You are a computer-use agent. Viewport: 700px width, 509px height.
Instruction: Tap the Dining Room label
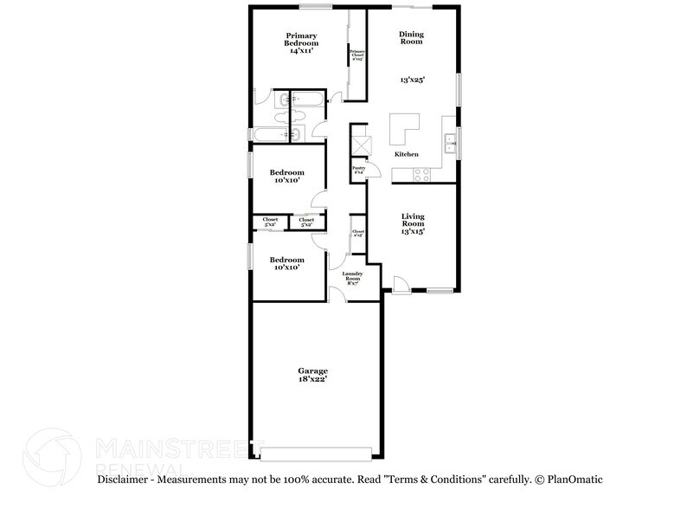[x=411, y=38]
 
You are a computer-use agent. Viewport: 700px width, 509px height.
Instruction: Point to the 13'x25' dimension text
[x=411, y=79]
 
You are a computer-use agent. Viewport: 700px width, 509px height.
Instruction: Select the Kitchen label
[x=407, y=154]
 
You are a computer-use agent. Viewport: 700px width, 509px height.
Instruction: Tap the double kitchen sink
[x=450, y=143]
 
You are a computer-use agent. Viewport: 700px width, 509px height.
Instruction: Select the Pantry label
[x=357, y=171]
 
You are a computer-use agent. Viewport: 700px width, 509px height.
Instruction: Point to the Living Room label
[x=411, y=220]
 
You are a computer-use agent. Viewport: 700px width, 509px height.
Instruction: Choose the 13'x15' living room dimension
[x=411, y=232]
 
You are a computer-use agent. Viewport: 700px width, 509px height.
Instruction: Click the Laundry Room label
[x=352, y=278]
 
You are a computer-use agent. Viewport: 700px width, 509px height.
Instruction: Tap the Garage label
[x=312, y=370]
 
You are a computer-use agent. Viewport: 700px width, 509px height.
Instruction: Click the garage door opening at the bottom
[x=317, y=453]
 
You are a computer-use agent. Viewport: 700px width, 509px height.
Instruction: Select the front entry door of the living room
[x=401, y=284]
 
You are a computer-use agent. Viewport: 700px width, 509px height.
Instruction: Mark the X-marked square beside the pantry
[x=361, y=145]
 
